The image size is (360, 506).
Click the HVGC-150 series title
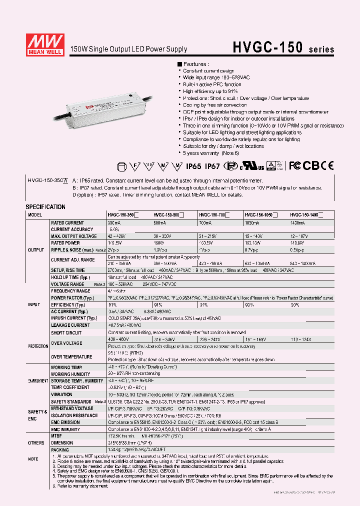(x=283, y=47)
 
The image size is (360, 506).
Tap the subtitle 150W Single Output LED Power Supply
(x=129, y=49)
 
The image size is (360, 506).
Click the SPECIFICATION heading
(x=45, y=206)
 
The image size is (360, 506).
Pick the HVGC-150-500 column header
(x=168, y=215)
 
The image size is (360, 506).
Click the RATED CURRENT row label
(x=67, y=223)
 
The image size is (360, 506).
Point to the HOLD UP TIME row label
(x=70, y=277)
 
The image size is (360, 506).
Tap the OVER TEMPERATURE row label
(x=71, y=356)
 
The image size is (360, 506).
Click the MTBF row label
(x=57, y=435)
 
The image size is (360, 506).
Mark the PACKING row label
(x=60, y=449)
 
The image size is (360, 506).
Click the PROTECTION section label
(x=38, y=345)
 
